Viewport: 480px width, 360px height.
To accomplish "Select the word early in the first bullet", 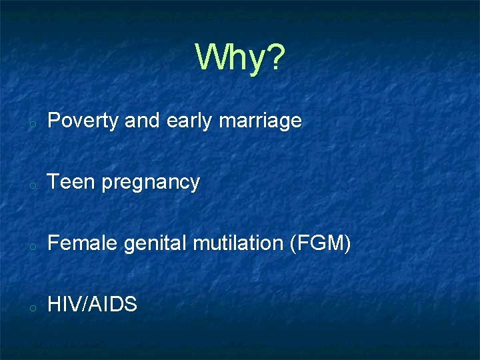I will [189, 121].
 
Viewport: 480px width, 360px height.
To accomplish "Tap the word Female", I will [83, 243].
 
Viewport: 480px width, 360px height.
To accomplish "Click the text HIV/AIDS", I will [93, 305].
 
